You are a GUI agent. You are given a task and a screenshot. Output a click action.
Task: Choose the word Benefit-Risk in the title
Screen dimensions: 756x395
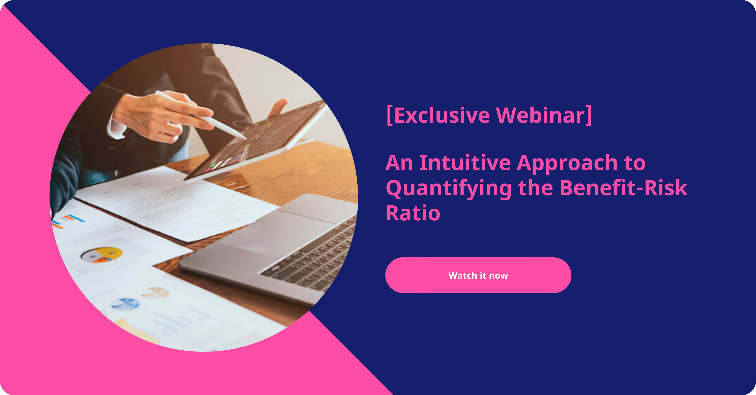coord(623,188)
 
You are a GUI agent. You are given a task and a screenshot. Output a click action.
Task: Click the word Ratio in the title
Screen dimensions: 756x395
coord(413,213)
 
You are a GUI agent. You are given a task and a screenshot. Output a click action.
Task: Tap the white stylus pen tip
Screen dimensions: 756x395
coord(245,138)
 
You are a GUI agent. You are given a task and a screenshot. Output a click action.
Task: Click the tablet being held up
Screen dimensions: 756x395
coord(255,139)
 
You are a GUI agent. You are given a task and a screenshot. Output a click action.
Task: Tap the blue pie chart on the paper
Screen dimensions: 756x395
coord(126,304)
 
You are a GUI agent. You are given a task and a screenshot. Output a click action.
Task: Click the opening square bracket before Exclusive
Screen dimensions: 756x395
coord(389,116)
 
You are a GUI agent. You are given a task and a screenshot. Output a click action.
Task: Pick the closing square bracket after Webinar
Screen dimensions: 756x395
coord(588,116)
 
